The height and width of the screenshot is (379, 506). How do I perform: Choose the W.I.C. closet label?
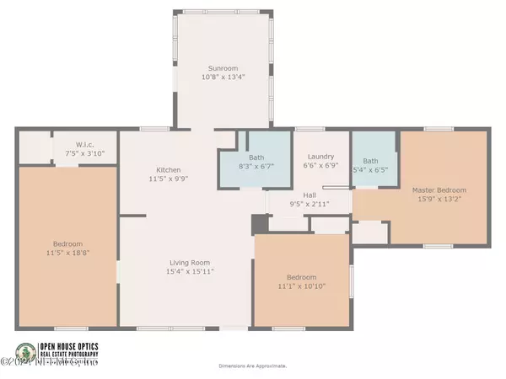[83, 143]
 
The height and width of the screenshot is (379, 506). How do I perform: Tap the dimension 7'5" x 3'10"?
[83, 152]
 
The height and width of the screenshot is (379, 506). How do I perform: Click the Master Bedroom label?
[439, 190]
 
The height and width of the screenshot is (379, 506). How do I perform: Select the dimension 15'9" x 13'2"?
[439, 200]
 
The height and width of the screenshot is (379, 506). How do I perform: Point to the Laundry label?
[320, 156]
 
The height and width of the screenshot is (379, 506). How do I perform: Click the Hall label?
[309, 194]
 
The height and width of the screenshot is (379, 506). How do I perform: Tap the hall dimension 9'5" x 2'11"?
[309, 204]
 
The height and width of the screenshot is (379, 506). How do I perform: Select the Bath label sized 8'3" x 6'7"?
[256, 157]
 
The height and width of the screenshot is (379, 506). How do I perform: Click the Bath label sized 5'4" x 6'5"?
[371, 161]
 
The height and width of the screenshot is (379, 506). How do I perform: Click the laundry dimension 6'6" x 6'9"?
[320, 166]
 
